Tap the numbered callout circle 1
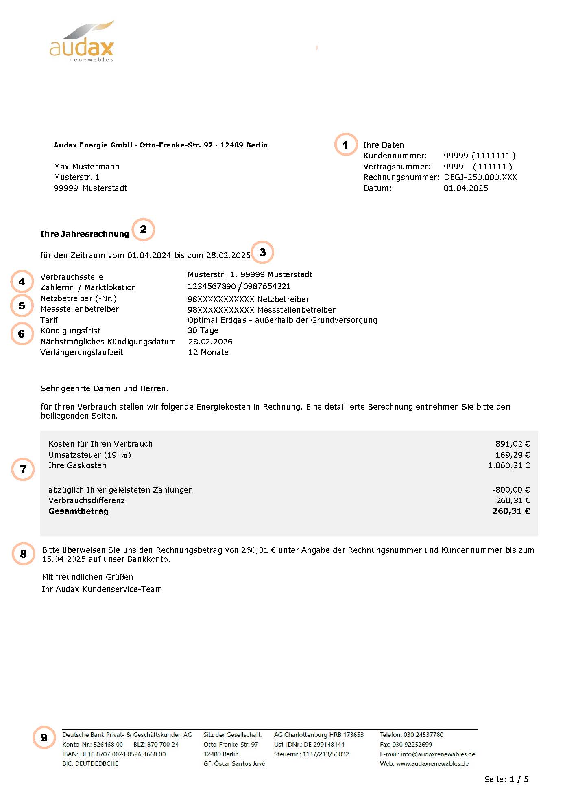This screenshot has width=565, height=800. tap(345, 145)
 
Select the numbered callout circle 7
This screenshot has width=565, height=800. tap(23, 469)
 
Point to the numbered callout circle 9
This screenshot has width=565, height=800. tap(44, 737)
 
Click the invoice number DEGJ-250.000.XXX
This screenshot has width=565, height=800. tap(480, 177)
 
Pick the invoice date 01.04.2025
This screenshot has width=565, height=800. tap(465, 188)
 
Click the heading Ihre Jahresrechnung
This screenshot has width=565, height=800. tap(85, 234)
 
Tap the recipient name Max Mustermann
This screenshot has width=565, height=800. tap(86, 167)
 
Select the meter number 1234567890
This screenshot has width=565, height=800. tap(212, 286)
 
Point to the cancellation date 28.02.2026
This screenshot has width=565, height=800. tap(210, 342)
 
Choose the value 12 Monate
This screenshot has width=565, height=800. tap(208, 352)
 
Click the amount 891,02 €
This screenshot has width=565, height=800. tap(512, 444)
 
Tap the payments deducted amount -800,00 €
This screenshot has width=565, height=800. tap(511, 490)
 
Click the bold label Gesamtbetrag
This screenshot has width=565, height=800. tap(79, 511)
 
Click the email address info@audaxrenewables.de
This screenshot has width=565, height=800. tap(438, 754)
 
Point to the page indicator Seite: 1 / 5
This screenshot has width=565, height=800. tap(506, 779)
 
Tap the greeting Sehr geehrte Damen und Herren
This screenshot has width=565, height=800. tap(104, 388)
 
